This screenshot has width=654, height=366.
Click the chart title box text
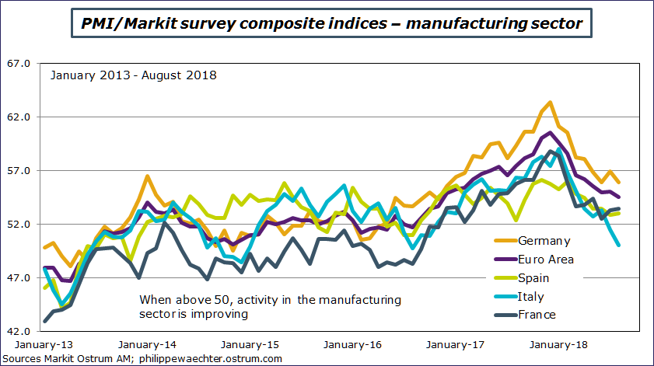point(332,23)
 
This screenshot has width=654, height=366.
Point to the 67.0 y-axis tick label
point(18,64)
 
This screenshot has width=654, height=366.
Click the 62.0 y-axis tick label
point(18,117)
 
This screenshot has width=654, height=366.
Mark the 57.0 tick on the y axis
point(18,171)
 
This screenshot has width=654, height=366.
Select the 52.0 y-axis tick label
point(18,225)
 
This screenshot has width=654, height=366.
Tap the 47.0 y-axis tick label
point(18,278)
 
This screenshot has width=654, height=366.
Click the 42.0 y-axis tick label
point(18,332)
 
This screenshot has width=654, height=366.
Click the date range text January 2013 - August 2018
point(133,76)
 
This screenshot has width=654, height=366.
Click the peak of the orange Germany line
point(550,102)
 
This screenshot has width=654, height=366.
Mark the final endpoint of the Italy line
point(618,245)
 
